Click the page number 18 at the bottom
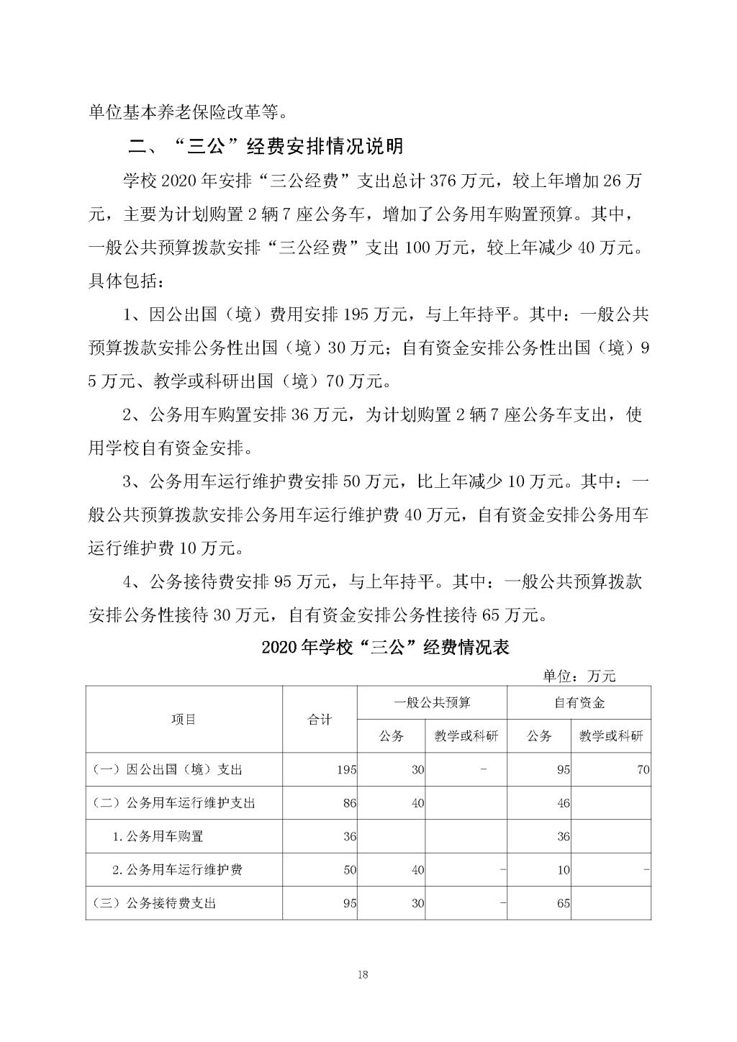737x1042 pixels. [x=362, y=975]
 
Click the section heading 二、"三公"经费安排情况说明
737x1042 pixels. [x=265, y=148]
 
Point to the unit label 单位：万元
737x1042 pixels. [x=579, y=676]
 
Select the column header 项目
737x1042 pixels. [x=184, y=719]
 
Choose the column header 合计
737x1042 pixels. [x=320, y=719]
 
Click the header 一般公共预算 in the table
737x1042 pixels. [x=432, y=702]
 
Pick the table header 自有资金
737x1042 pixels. [x=579, y=702]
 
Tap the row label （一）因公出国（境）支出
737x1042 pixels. [x=166, y=769]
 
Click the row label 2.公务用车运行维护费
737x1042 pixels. [x=177, y=869]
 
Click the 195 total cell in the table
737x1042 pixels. [x=346, y=769]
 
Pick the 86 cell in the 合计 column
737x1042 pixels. [x=350, y=803]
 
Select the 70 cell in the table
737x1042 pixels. [x=643, y=769]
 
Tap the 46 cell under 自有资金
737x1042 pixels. [x=564, y=803]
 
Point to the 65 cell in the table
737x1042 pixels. [x=564, y=902]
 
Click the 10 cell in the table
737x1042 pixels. [x=564, y=869]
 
